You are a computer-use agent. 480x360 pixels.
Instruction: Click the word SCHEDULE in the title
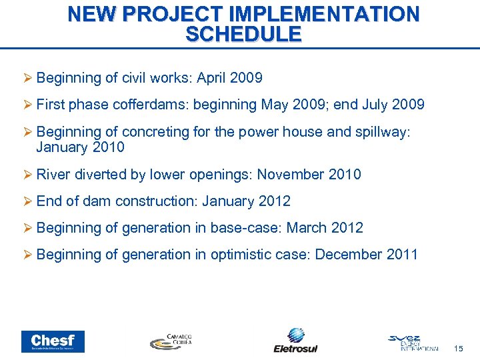(243, 34)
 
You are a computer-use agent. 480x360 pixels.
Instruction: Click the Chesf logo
(53, 341)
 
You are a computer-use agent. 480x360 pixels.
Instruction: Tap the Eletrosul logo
(295, 340)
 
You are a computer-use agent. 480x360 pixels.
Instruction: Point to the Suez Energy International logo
(413, 341)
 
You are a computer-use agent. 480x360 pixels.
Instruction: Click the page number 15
(457, 349)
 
